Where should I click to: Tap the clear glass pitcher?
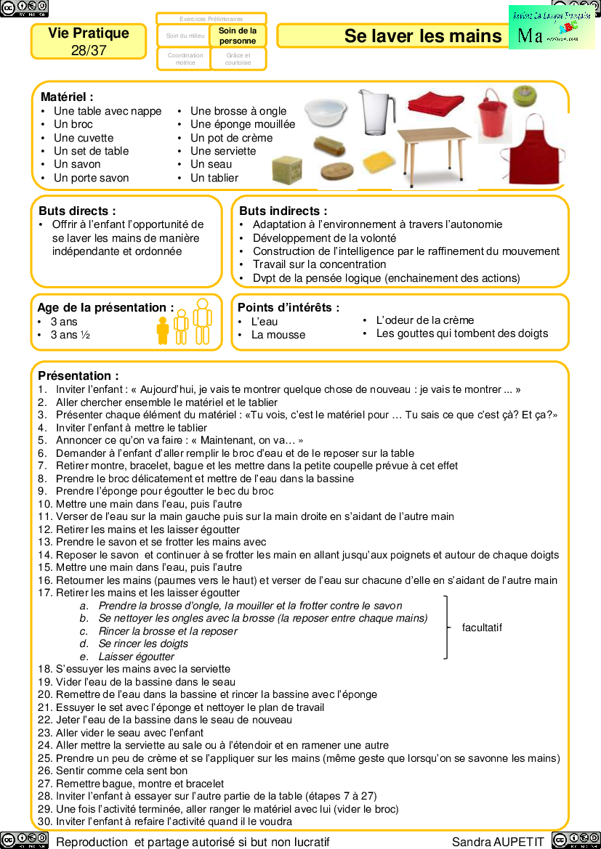pos(376,112)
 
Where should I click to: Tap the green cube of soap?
pos(286,170)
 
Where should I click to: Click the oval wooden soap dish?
pos(337,172)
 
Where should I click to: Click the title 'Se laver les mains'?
pos(423,36)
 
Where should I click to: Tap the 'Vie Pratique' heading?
pos(89,33)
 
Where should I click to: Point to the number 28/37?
pos(89,50)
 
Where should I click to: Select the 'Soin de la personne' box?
pos(238,36)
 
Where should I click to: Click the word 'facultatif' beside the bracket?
pos(482,627)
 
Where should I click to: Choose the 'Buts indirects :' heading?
pos(283,211)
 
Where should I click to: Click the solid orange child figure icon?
pos(163,330)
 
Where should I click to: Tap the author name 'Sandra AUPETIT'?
pos(498,842)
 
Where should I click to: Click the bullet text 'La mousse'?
pos(278,335)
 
